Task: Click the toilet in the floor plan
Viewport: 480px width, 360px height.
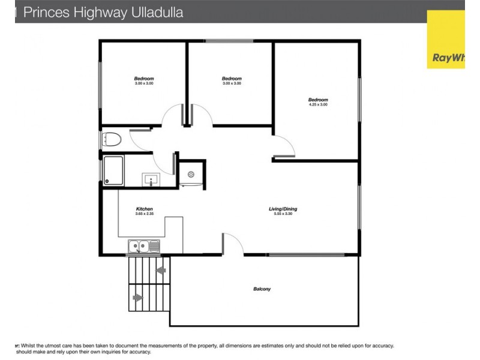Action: [x=112, y=139]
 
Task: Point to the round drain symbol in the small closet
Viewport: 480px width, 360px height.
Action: [x=191, y=174]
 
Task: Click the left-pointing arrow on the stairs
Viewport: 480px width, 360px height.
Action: [x=160, y=271]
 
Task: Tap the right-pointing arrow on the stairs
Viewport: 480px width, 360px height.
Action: [x=138, y=297]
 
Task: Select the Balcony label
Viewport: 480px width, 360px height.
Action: [x=262, y=289]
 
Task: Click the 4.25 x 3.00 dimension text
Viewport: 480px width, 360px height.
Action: [x=318, y=104]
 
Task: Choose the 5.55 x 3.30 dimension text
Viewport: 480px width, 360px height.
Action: [x=283, y=214]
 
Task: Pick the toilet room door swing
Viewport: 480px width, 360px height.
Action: [x=142, y=139]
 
